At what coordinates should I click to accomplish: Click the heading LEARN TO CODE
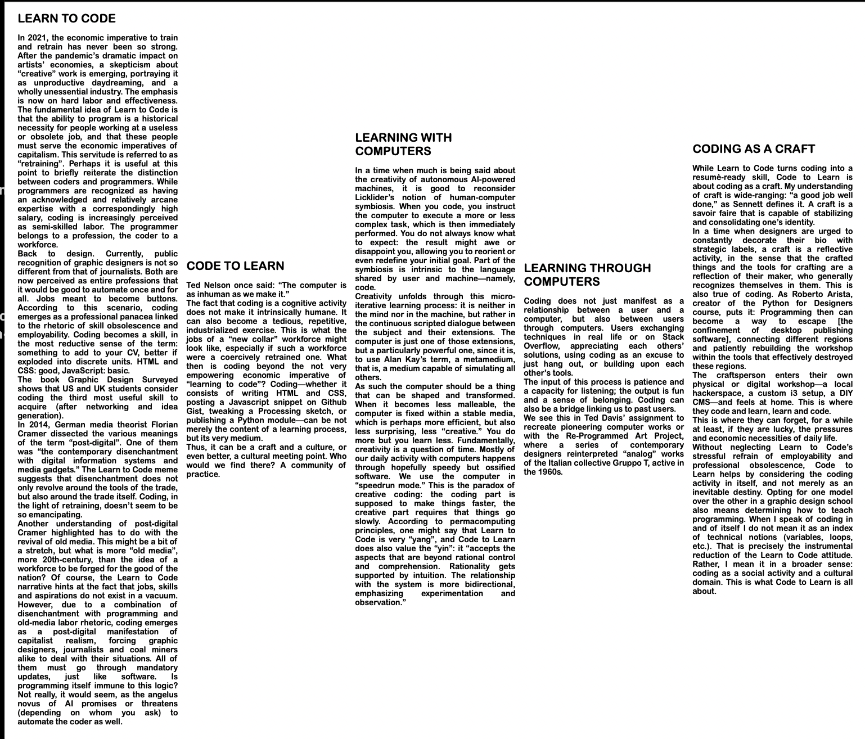coord(66,19)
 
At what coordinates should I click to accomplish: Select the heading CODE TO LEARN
coord(235,266)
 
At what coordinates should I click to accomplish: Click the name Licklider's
coord(375,197)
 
